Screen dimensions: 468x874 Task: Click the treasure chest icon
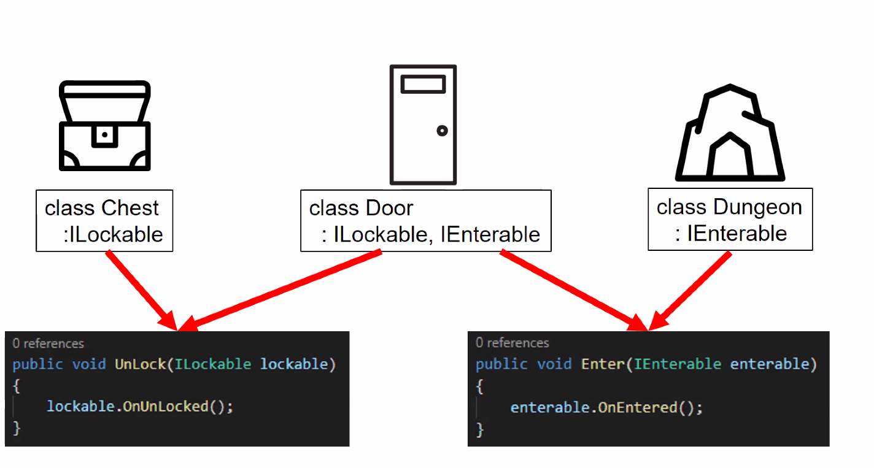[105, 126]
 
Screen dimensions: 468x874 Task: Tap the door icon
[423, 125]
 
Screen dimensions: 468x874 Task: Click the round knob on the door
[442, 131]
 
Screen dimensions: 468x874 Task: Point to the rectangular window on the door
[423, 84]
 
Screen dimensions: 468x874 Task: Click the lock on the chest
[105, 134]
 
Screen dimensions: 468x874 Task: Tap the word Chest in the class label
[130, 209]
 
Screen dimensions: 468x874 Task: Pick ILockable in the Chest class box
[116, 234]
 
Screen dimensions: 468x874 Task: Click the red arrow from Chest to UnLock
[141, 288]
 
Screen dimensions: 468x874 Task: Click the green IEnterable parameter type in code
[678, 364]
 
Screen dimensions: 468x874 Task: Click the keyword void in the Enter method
[554, 364]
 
